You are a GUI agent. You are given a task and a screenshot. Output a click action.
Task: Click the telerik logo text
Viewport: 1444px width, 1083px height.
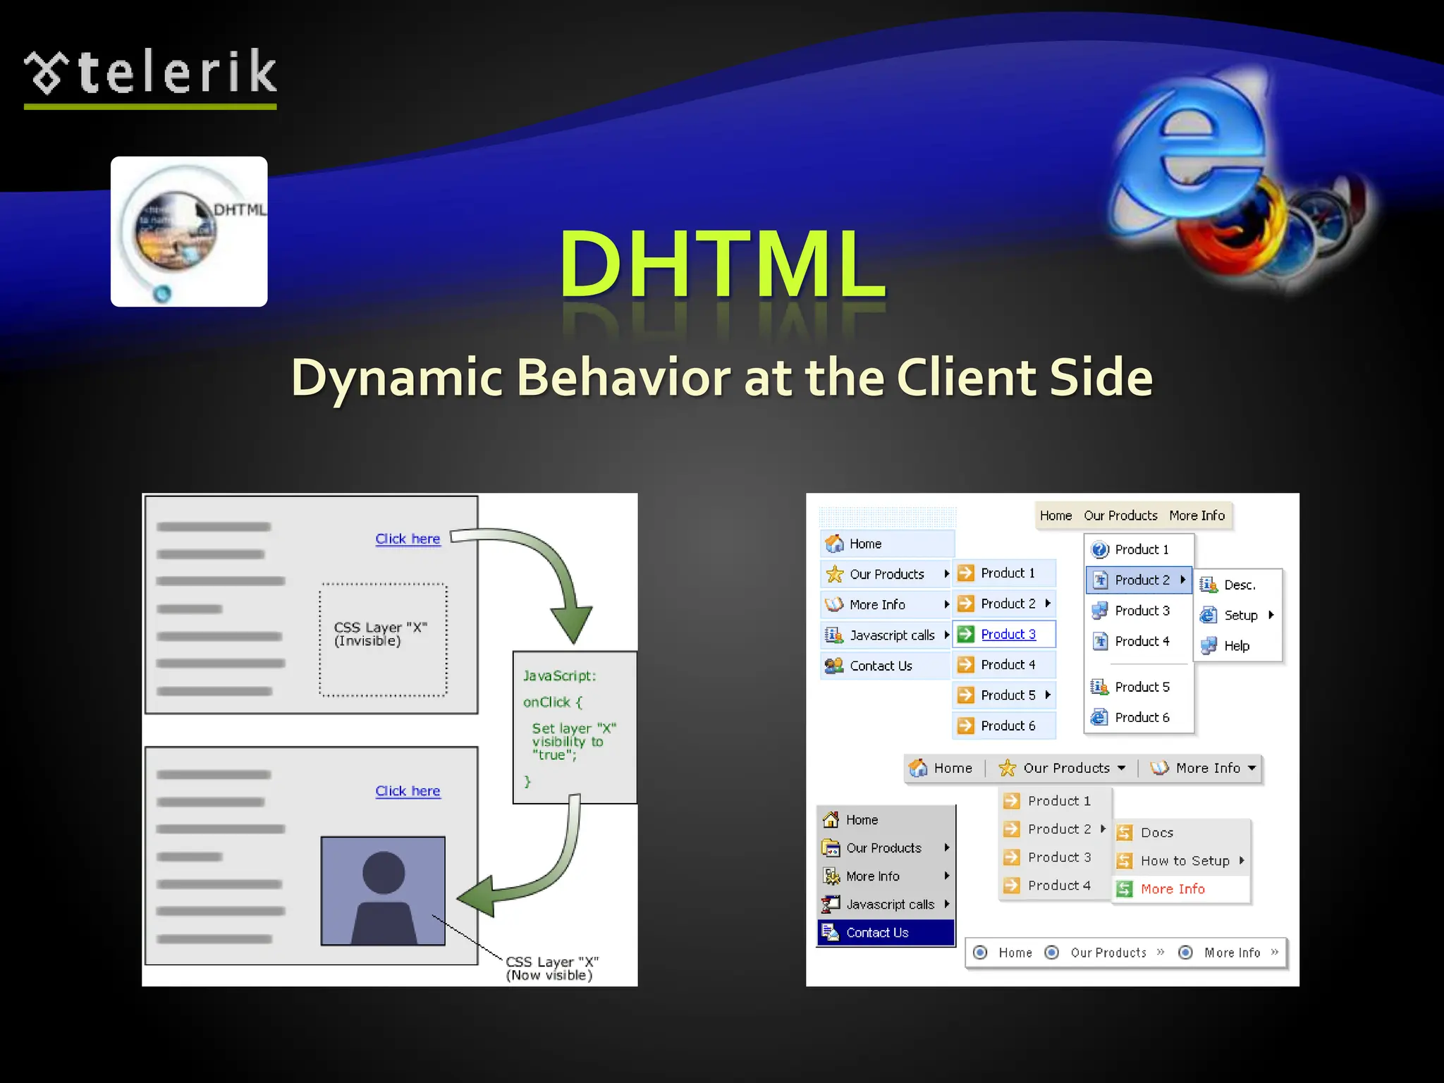176,73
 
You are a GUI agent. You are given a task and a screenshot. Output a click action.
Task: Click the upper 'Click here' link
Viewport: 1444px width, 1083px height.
408,539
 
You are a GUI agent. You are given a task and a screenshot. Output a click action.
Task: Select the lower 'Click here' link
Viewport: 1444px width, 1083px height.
408,791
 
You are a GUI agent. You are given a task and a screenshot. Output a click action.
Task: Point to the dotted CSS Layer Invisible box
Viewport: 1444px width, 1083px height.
383,640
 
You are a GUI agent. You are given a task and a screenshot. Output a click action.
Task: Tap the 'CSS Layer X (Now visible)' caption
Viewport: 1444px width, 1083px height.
551,969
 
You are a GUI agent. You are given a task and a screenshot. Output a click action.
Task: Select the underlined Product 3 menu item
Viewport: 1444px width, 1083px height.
1008,635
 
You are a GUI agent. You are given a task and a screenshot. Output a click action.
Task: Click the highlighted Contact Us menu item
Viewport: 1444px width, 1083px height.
877,933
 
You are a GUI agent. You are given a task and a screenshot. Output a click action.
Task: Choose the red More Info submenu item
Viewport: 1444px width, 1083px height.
1173,889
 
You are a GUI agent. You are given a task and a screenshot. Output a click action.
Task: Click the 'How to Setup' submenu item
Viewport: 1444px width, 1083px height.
1185,861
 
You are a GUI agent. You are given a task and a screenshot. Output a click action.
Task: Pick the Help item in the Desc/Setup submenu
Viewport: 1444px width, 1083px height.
1237,646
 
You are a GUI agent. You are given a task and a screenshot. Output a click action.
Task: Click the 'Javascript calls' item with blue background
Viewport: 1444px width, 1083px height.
891,635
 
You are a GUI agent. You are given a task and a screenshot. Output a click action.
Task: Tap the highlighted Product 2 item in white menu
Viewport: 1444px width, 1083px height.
1142,580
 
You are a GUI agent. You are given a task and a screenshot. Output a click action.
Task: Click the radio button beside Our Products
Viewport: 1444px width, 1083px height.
1051,953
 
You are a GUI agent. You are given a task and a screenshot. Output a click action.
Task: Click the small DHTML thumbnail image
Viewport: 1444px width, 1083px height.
189,231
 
